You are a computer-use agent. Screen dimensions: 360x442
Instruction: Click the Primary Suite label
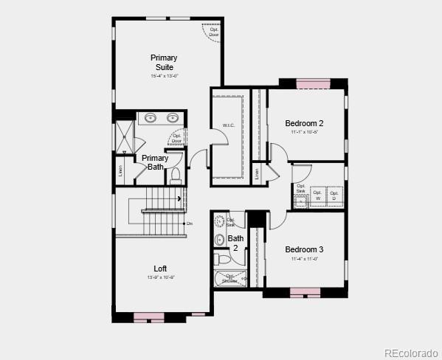[x=164, y=63]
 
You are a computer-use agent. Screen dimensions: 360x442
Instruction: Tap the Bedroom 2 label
[x=304, y=123]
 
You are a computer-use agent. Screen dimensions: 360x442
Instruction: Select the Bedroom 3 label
[x=304, y=249]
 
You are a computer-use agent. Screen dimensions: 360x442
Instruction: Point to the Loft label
[x=160, y=269]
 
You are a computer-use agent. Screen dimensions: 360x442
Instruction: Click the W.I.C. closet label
[x=229, y=126]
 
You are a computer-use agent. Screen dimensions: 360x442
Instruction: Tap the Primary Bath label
[x=155, y=162]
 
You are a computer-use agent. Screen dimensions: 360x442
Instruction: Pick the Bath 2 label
[x=235, y=243]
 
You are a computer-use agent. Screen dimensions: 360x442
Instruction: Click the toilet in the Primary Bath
[x=176, y=175]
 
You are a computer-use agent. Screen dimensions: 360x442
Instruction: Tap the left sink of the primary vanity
[x=151, y=117]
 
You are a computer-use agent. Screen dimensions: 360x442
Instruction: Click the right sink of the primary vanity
[x=173, y=117]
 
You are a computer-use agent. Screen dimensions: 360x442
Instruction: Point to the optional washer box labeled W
[x=318, y=196]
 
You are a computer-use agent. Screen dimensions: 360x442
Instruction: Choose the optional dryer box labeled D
[x=334, y=196]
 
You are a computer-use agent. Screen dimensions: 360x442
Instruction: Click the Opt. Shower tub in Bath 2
[x=231, y=279]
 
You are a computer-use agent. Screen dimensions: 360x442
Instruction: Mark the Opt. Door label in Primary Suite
[x=213, y=32]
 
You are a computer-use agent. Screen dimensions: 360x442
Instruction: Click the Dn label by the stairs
[x=190, y=224]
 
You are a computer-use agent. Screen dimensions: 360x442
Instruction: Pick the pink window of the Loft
[x=148, y=316]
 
